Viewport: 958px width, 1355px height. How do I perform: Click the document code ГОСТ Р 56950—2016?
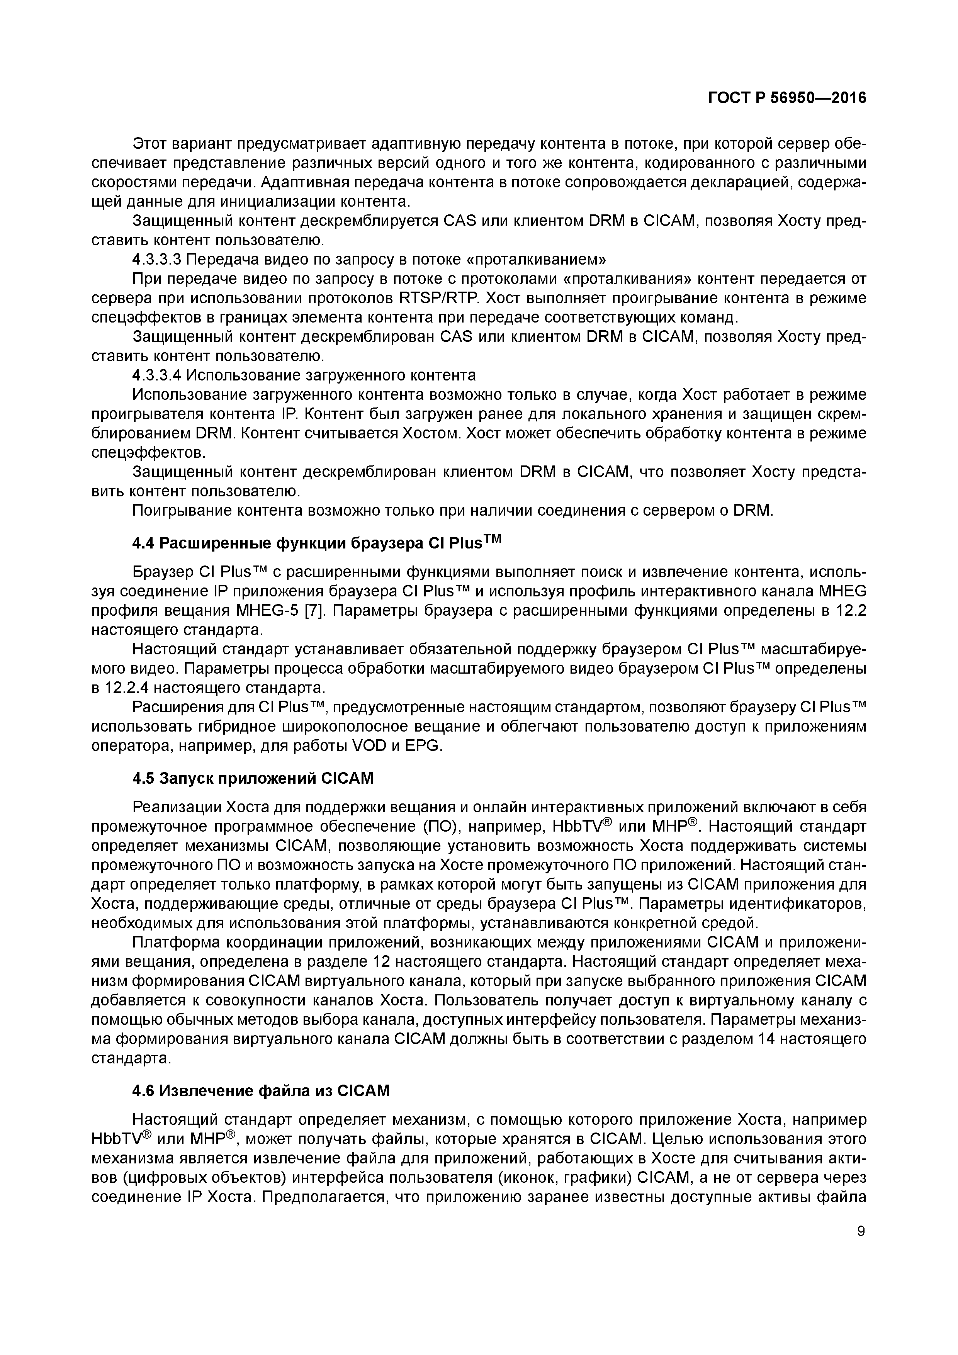tap(787, 98)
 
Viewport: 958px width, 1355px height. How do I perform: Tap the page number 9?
tap(861, 1231)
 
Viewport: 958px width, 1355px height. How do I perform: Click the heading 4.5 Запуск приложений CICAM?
tap(253, 778)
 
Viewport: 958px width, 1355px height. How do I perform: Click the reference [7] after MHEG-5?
tap(313, 610)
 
